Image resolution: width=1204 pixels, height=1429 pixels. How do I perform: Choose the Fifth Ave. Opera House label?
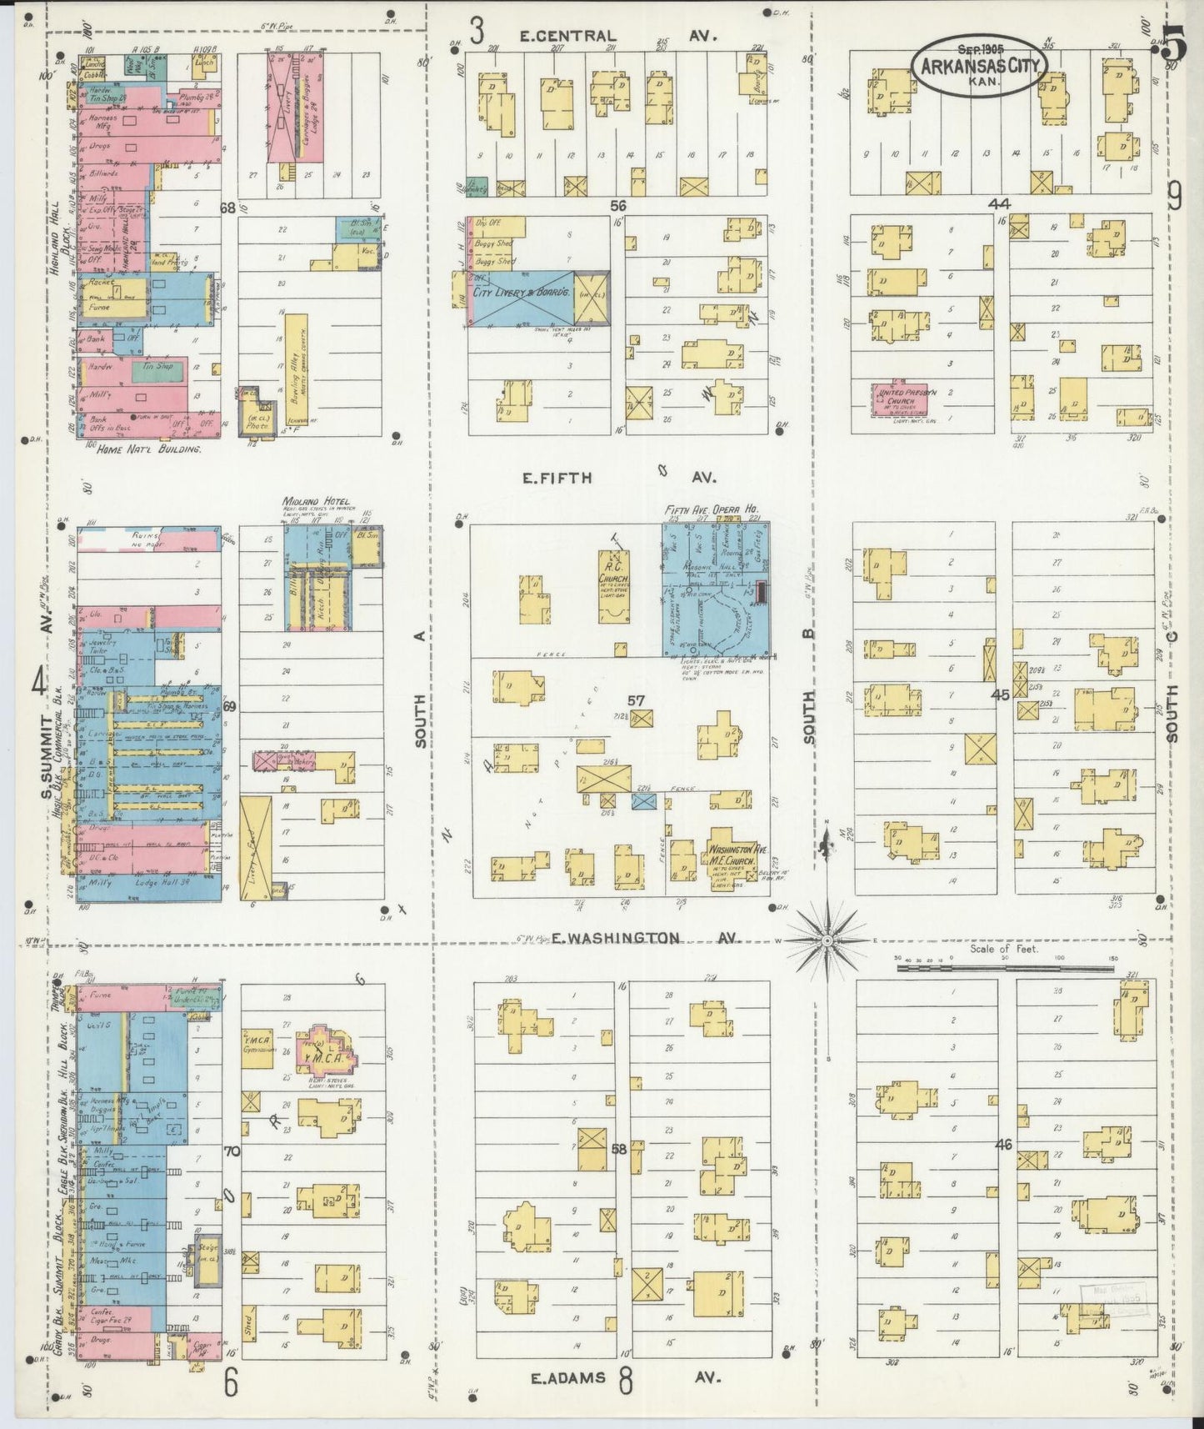click(x=711, y=509)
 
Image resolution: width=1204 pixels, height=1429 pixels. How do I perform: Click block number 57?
click(x=636, y=700)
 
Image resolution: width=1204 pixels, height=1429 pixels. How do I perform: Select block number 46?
click(x=1002, y=1145)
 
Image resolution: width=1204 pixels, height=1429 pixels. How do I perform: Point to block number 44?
click(x=999, y=204)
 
